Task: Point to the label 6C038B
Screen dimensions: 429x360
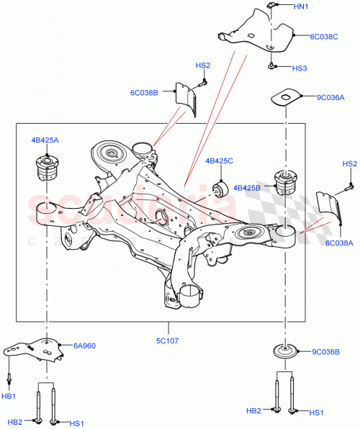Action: point(145,91)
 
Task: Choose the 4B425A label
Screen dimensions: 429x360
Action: point(45,140)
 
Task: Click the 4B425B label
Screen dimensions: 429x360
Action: point(248,189)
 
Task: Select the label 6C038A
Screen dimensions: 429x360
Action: point(339,244)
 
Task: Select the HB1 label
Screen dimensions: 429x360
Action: point(9,397)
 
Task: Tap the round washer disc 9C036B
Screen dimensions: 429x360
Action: point(286,353)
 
